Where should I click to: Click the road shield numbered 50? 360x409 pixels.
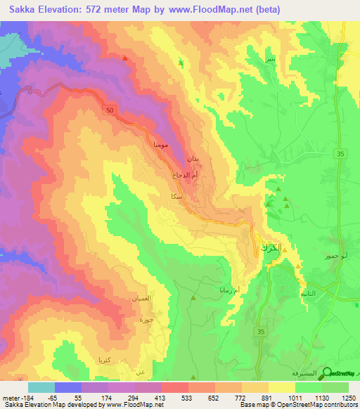tap(109, 111)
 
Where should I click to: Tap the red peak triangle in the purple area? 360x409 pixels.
tap(124, 58)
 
